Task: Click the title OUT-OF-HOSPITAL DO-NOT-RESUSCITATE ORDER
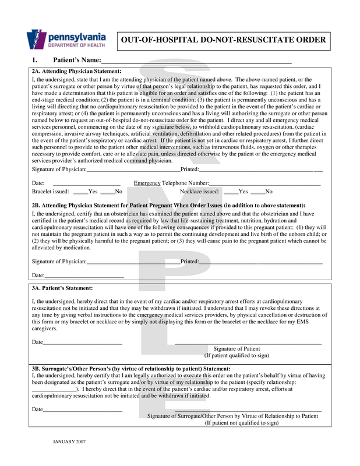pos(223,40)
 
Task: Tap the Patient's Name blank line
pos(196,61)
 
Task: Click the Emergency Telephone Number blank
pos(259,183)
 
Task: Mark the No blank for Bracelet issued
pos(107,192)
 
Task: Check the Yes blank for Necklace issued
pos(231,192)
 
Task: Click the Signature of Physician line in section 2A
pos(133,170)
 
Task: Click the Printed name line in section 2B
pos(260,262)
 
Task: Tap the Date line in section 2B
pos(84,276)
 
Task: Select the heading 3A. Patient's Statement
pos(62,288)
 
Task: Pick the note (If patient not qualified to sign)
pos(241,423)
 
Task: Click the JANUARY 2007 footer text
pos(69,442)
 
